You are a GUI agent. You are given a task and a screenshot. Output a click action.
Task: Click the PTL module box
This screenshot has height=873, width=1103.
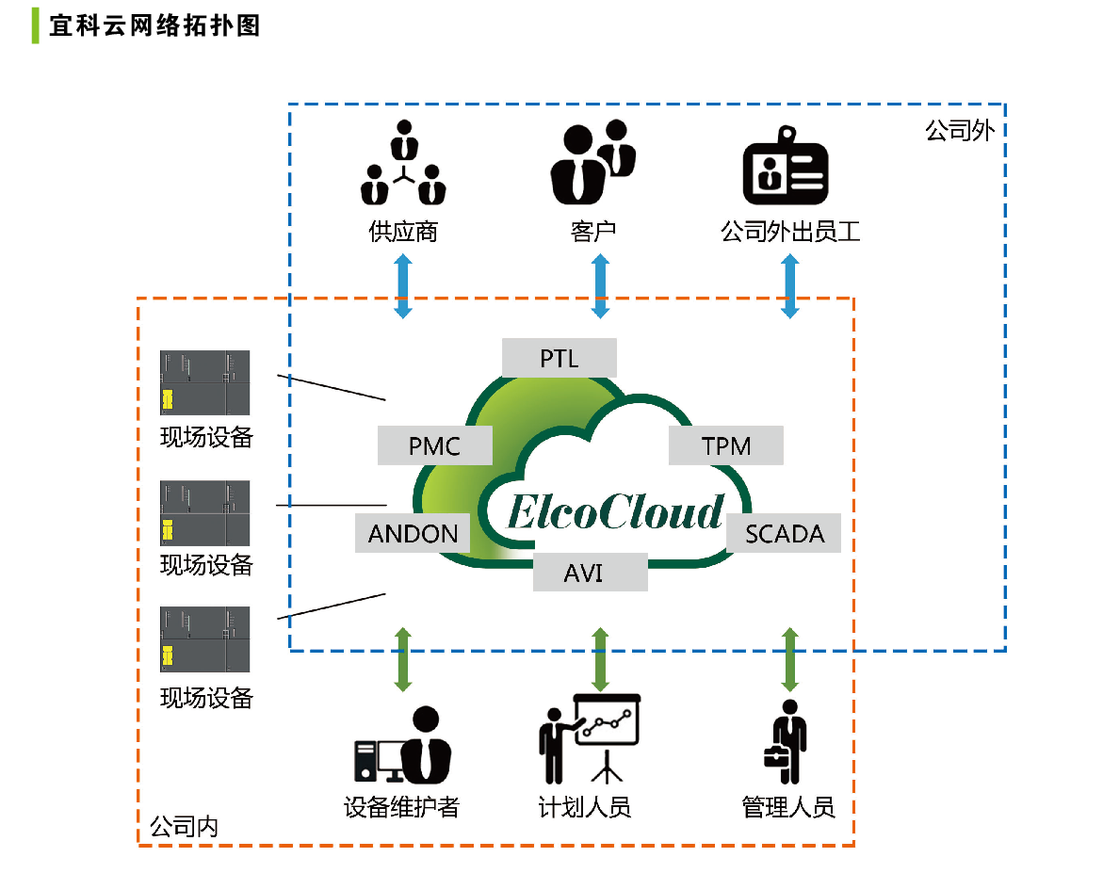(x=559, y=358)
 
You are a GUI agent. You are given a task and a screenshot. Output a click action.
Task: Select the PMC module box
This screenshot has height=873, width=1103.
(x=434, y=445)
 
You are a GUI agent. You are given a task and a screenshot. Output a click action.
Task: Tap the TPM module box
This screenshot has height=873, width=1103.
(x=726, y=445)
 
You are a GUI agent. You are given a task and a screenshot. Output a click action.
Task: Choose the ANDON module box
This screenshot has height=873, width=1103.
(x=413, y=533)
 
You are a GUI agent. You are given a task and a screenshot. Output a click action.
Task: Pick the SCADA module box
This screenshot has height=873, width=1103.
(x=784, y=533)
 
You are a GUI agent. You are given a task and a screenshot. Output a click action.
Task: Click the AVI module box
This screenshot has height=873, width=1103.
(x=590, y=572)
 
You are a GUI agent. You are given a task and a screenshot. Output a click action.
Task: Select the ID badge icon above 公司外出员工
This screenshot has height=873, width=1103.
(x=786, y=173)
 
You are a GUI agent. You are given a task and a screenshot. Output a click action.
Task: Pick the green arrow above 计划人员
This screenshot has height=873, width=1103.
(x=599, y=658)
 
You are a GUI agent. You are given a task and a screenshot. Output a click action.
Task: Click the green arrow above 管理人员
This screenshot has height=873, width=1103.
(x=789, y=658)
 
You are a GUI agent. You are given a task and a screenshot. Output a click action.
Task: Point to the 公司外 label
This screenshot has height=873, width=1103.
(x=960, y=131)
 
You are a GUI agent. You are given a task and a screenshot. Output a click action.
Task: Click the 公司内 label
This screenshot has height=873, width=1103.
(x=184, y=827)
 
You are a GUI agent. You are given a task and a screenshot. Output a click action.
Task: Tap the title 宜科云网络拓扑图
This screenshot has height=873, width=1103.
(x=154, y=25)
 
